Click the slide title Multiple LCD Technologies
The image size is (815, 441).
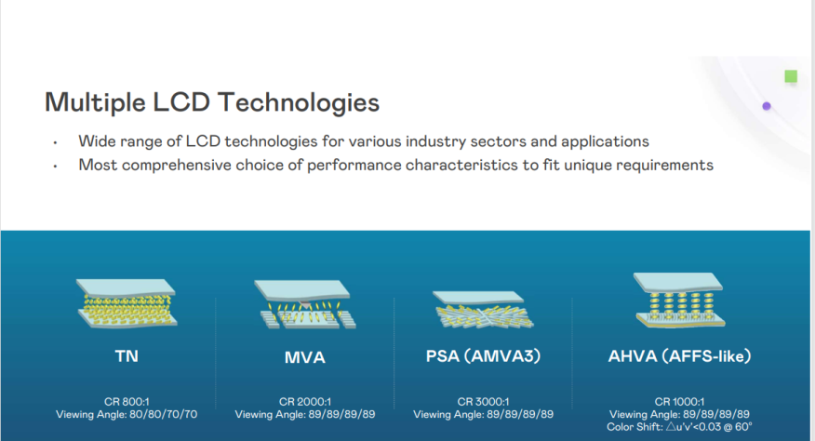(211, 101)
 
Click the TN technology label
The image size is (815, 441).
(127, 355)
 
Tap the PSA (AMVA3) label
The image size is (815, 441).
(483, 356)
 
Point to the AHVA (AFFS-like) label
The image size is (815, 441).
(678, 356)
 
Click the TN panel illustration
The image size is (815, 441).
(127, 303)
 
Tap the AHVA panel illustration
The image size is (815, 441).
(678, 301)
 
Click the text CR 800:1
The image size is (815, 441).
(127, 402)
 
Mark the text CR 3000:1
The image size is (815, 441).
(483, 402)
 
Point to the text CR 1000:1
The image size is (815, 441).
(678, 402)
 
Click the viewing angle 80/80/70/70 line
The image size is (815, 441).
(127, 414)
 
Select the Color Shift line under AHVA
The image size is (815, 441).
(678, 426)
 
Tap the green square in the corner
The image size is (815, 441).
(791, 76)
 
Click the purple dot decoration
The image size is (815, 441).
(767, 106)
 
